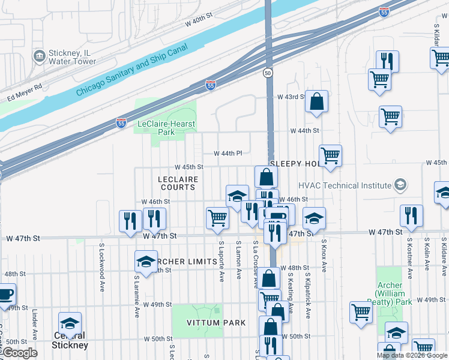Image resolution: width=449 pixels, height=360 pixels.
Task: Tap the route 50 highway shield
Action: click(267, 73)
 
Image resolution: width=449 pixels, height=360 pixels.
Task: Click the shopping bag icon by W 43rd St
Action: click(316, 103)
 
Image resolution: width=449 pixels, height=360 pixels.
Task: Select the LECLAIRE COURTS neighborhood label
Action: click(178, 183)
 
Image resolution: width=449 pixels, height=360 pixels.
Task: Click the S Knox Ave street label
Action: click(324, 258)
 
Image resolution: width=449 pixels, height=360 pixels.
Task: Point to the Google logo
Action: click(20, 353)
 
